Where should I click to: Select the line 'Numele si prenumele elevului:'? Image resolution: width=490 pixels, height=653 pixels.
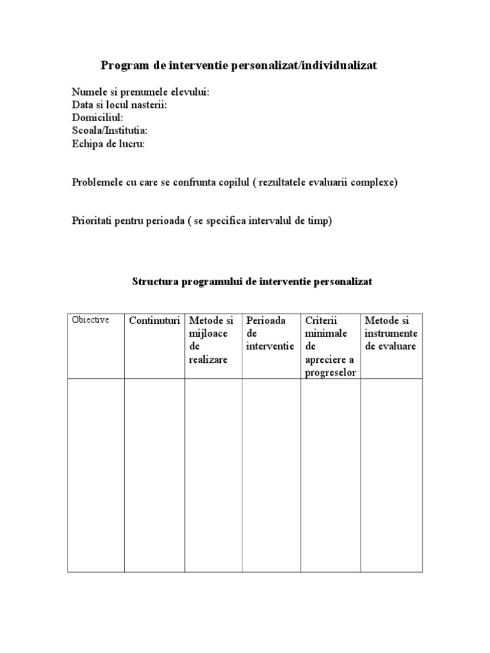[140, 92]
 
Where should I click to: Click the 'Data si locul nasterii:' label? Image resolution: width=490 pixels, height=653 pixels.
[119, 105]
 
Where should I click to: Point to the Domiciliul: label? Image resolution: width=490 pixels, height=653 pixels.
[98, 118]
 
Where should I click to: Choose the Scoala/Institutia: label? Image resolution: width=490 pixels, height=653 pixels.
[110, 131]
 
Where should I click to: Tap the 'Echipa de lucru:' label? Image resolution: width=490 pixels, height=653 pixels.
[108, 143]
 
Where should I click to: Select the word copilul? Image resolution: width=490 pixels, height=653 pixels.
[232, 182]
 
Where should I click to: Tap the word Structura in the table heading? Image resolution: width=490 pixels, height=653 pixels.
[155, 281]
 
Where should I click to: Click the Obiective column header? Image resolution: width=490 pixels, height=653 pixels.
[91, 320]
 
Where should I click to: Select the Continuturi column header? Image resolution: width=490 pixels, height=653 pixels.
[155, 321]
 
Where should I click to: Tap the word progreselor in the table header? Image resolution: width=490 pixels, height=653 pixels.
[330, 372]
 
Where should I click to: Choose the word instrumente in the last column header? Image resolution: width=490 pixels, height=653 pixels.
[391, 334]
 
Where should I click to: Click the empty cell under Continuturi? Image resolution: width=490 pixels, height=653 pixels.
[155, 474]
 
